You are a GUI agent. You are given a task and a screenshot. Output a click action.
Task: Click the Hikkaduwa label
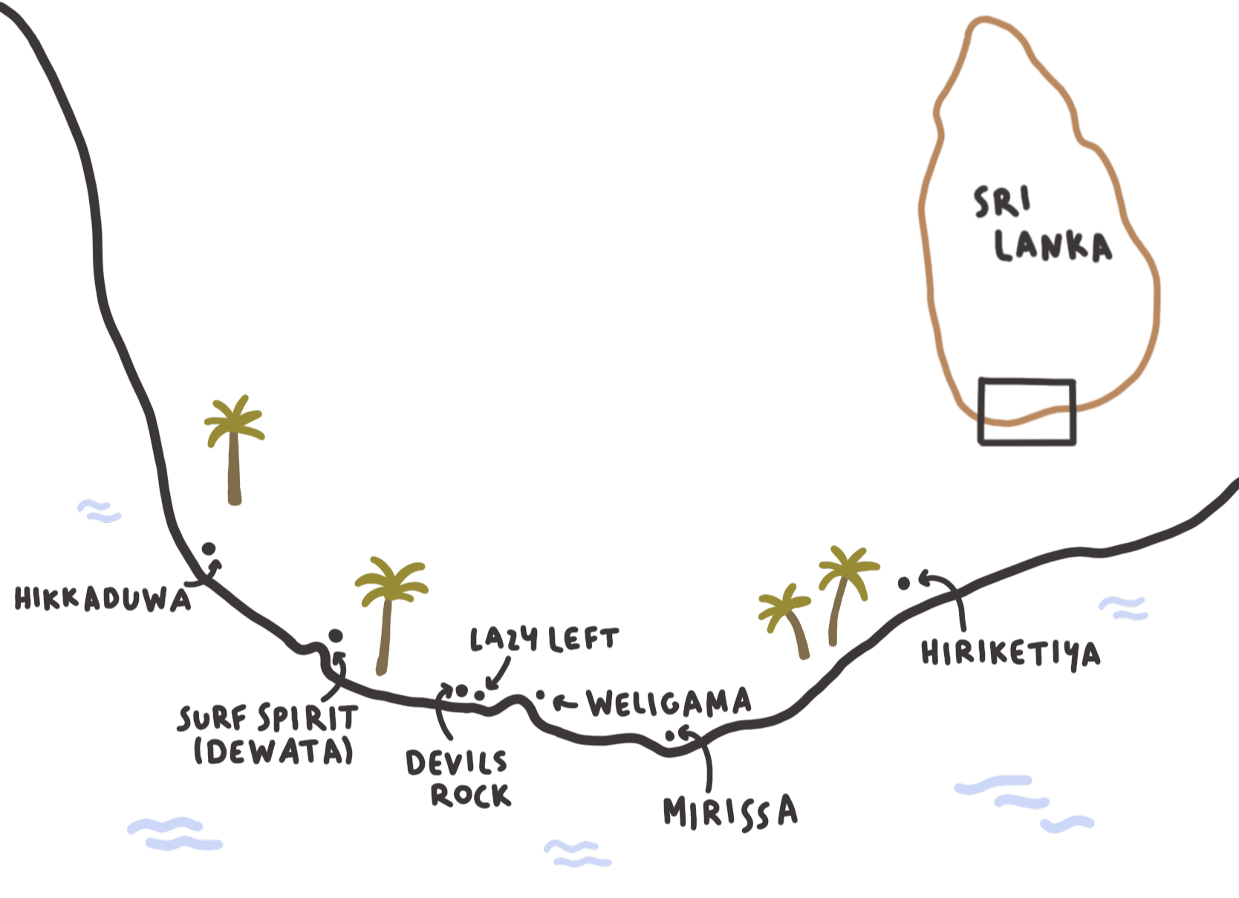click(103, 599)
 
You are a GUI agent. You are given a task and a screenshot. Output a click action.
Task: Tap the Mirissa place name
click(730, 812)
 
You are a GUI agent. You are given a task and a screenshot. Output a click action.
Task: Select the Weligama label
click(669, 703)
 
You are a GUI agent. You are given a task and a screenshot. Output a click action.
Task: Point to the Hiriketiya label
click(1010, 654)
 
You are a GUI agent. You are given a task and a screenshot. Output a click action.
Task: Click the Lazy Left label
click(544, 640)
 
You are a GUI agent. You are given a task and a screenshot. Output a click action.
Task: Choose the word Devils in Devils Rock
click(456, 763)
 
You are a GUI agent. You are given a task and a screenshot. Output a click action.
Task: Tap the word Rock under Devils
click(471, 795)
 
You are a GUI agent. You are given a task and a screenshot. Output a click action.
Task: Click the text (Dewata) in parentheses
click(273, 752)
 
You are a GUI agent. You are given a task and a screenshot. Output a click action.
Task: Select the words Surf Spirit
click(268, 718)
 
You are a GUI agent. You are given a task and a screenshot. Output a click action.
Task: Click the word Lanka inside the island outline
click(1053, 247)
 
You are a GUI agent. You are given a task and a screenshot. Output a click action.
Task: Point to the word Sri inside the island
click(1002, 201)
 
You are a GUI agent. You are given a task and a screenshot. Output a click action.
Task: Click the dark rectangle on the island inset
click(1027, 412)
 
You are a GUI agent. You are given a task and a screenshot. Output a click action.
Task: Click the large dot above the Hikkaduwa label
click(209, 549)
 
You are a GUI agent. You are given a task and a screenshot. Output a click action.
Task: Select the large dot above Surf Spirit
click(336, 636)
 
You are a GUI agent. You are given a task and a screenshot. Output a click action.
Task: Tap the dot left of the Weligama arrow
click(541, 696)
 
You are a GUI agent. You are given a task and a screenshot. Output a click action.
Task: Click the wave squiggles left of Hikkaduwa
click(99, 511)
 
